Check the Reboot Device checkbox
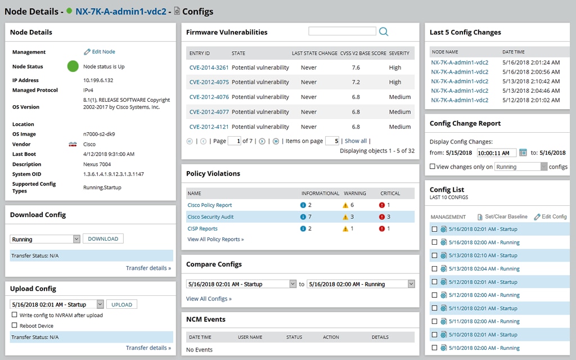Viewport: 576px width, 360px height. pyautogui.click(x=15, y=326)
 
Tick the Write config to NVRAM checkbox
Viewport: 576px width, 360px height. pyautogui.click(x=15, y=315)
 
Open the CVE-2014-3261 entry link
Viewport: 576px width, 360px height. pyautogui.click(x=209, y=67)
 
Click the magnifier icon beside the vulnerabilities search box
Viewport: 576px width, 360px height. pyautogui.click(x=384, y=32)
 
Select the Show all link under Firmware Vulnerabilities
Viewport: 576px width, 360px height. pyautogui.click(x=355, y=141)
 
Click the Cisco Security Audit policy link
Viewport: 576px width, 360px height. pyautogui.click(x=210, y=217)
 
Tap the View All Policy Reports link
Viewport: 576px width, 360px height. pyautogui.click(x=215, y=239)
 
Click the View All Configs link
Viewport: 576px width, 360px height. pyautogui.click(x=209, y=299)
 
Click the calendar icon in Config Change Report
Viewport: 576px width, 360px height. pyautogui.click(x=523, y=152)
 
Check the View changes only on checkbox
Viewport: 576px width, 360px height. pyautogui.click(x=432, y=166)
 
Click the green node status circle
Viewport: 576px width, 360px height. pyautogui.click(x=73, y=66)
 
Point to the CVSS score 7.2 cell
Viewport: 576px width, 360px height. pyautogui.click(x=355, y=82)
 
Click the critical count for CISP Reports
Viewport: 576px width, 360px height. pyautogui.click(x=385, y=228)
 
